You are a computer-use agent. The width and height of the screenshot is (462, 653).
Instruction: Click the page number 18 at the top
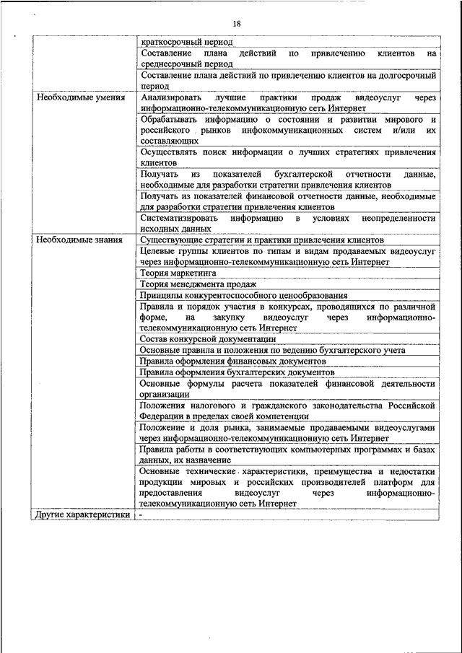235,22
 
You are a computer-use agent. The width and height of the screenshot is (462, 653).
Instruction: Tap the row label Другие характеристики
82,514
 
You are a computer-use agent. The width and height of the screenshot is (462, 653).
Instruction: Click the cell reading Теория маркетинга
178,273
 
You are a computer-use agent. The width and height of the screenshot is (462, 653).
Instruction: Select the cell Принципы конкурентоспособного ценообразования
243,295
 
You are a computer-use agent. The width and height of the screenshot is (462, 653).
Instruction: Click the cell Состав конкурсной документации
208,338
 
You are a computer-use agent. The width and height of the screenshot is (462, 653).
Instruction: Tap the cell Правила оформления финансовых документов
232,361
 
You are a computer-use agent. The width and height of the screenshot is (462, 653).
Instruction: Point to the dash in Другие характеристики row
141,514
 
